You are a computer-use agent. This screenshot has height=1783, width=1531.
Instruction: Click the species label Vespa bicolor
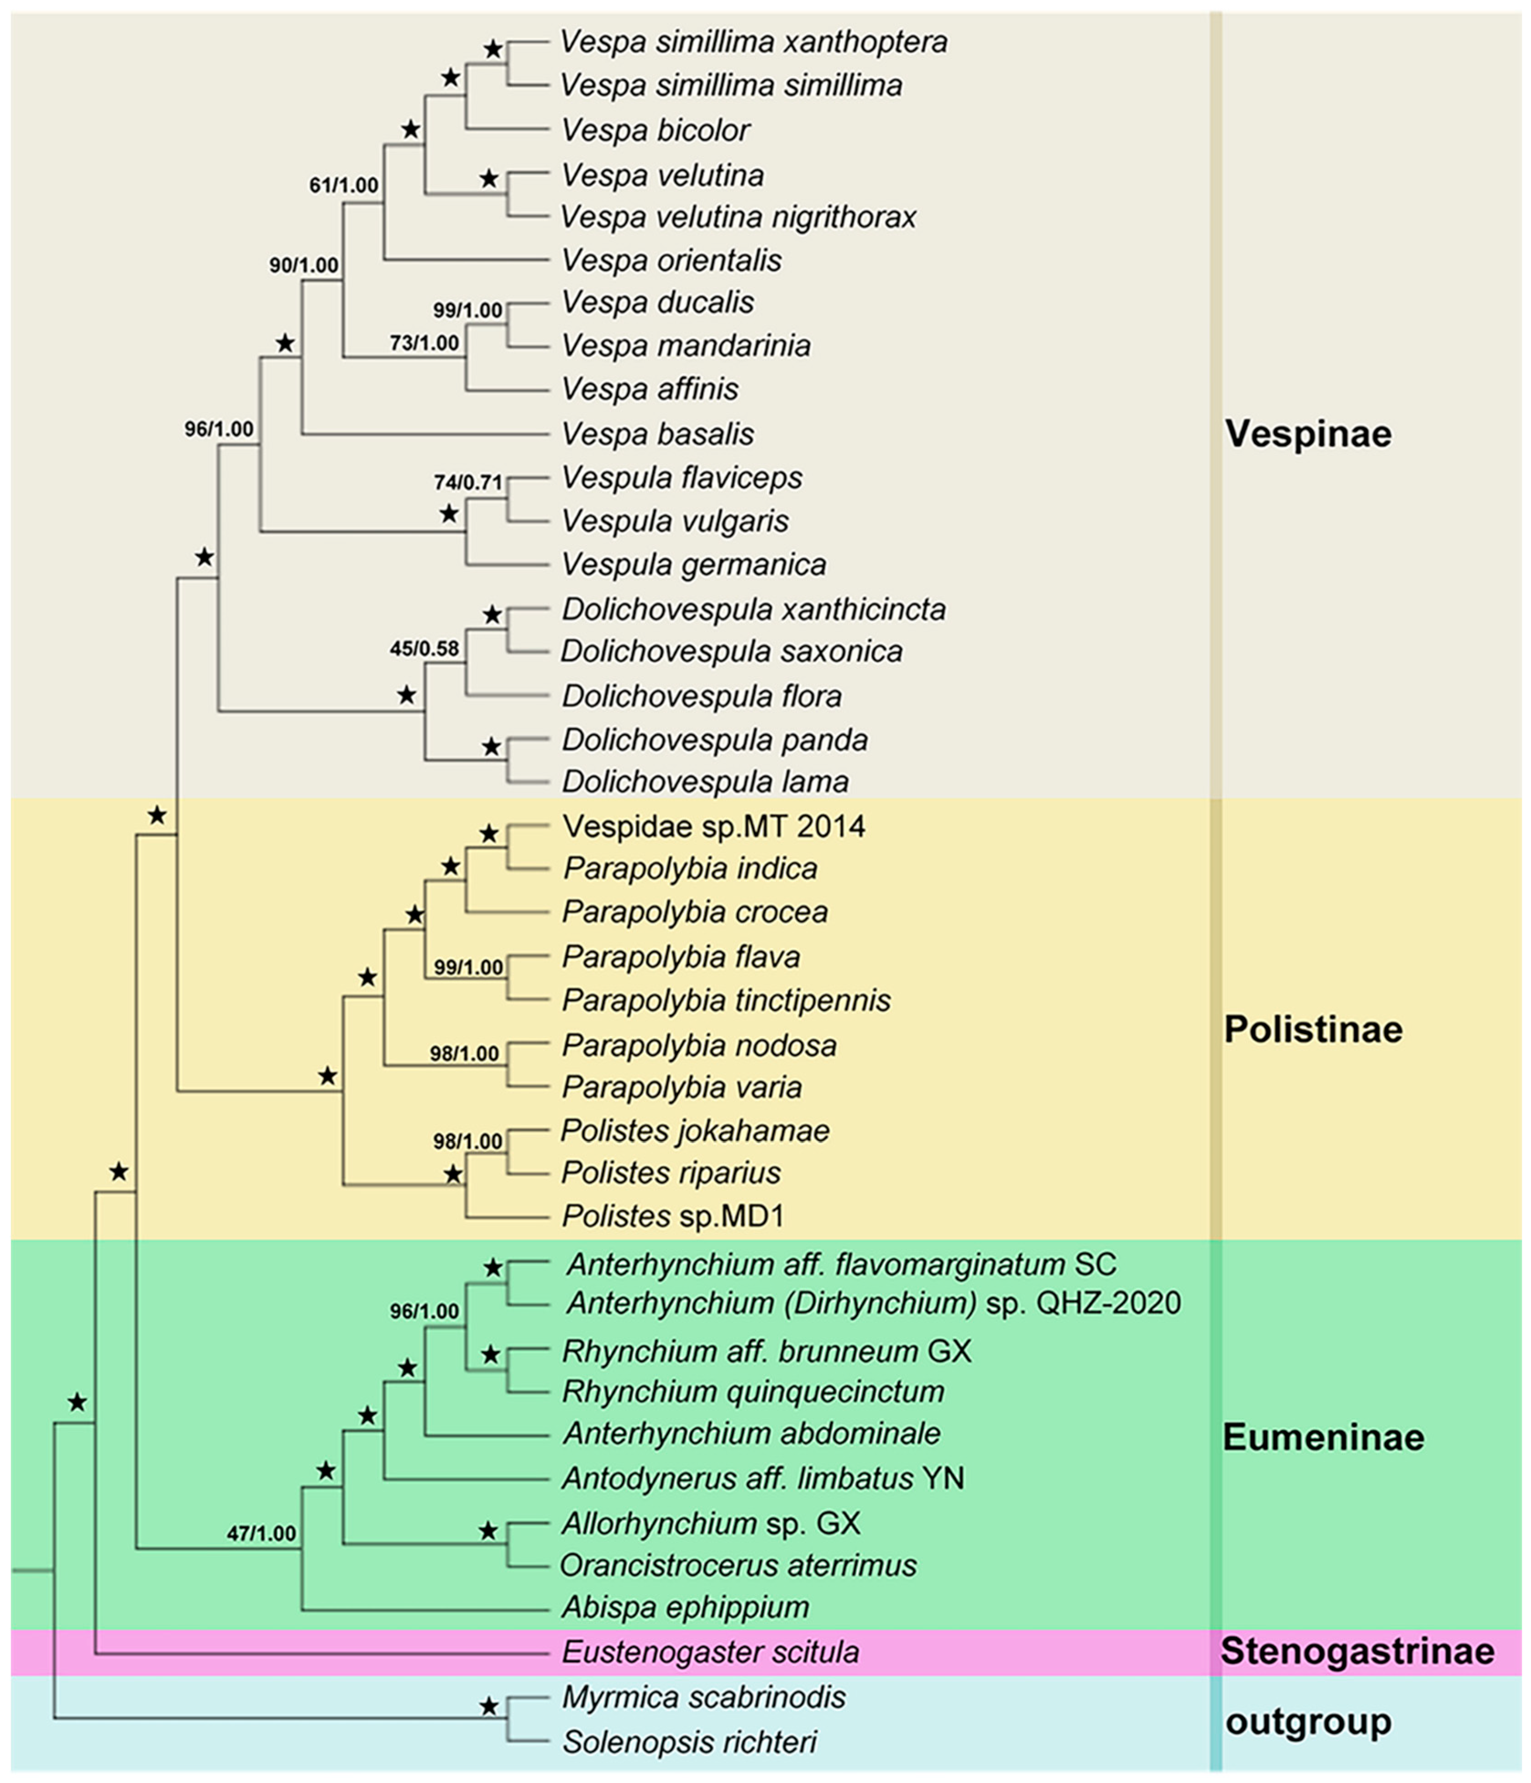[655, 130]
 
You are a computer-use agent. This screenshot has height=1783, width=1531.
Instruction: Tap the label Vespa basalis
[658, 434]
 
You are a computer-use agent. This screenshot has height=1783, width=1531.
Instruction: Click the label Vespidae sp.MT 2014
[714, 826]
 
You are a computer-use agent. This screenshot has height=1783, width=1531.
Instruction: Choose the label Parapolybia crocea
[695, 912]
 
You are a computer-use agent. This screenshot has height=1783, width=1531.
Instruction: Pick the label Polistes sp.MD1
[672, 1216]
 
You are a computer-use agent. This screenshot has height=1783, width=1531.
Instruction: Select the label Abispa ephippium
[686, 1607]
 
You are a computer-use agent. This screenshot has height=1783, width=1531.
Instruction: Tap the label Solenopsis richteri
[689, 1742]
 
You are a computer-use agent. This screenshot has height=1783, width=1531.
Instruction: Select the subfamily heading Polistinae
[1312, 1029]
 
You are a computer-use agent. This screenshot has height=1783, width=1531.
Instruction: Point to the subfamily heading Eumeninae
[1323, 1437]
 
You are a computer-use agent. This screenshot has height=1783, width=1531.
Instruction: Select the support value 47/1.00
[262, 1533]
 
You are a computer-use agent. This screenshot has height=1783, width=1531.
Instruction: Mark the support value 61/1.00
[344, 185]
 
